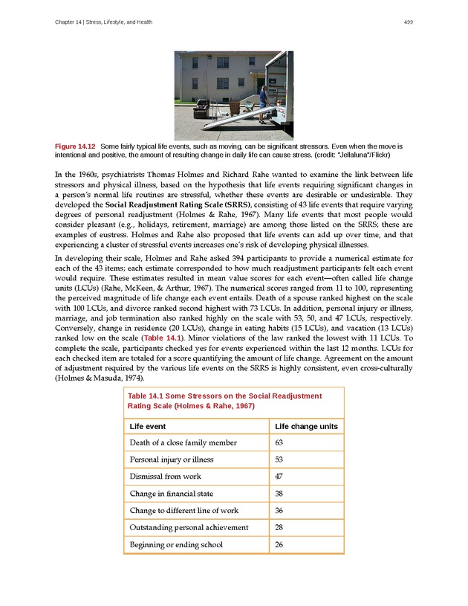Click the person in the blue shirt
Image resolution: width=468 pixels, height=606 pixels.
click(x=262, y=99)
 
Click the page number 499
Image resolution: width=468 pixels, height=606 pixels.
click(x=409, y=22)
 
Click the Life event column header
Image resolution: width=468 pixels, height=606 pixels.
click(x=148, y=426)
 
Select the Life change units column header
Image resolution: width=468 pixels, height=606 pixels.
click(x=306, y=426)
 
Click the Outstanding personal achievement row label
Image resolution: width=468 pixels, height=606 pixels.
click(x=189, y=528)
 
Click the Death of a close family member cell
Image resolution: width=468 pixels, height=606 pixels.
click(x=183, y=442)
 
